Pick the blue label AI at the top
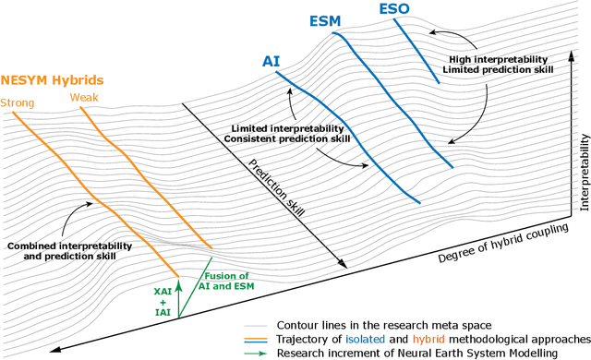[x=271, y=61]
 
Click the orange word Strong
[x=18, y=102]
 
